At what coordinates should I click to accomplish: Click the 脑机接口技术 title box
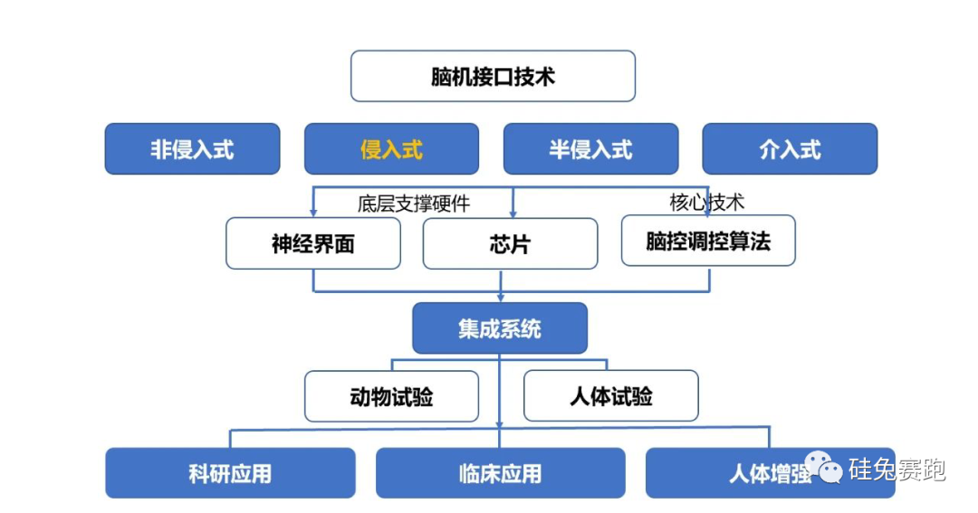(x=493, y=76)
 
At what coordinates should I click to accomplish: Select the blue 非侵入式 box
(x=192, y=149)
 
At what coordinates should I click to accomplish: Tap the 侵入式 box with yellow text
(x=391, y=149)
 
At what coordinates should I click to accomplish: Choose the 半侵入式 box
(x=590, y=149)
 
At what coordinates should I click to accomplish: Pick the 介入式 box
(x=790, y=149)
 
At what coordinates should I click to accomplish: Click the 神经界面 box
(x=312, y=243)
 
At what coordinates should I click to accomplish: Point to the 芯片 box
(x=510, y=243)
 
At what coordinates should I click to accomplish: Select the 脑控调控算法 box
(x=708, y=241)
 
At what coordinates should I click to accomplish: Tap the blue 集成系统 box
(x=500, y=328)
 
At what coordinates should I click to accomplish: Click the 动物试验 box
(x=391, y=396)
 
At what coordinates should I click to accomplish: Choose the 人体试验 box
(x=611, y=396)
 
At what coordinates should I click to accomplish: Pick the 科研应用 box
(x=230, y=473)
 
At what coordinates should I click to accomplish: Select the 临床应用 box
(x=500, y=473)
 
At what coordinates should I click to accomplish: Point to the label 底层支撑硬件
(x=414, y=204)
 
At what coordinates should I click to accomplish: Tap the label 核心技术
(x=707, y=202)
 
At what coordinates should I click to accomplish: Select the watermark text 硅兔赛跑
(x=896, y=470)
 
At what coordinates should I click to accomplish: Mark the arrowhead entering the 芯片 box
(x=513, y=214)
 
